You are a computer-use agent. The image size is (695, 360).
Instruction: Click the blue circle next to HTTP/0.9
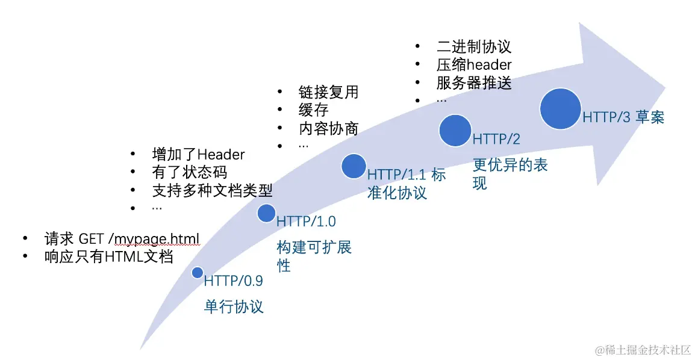[197, 273]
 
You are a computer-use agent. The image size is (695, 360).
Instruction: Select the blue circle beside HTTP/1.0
[266, 213]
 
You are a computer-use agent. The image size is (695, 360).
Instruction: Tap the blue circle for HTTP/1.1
[354, 166]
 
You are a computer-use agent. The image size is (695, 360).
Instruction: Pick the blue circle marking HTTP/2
[455, 131]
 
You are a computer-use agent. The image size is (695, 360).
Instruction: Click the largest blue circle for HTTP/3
[560, 108]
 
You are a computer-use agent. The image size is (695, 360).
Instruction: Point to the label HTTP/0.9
[234, 281]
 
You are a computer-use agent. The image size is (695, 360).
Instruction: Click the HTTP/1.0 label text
[305, 222]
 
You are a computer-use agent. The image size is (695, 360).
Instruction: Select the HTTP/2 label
[496, 140]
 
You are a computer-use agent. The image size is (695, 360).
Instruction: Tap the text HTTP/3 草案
[623, 117]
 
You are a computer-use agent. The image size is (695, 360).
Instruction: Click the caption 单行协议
[234, 306]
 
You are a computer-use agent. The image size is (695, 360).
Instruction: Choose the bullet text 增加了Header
[198, 154]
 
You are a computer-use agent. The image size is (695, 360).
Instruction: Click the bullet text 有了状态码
[190, 172]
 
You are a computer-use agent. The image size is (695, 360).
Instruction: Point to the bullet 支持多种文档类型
[212, 191]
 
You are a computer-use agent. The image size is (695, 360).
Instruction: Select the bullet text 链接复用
[328, 92]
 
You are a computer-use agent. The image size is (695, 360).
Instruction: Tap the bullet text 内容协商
[328, 128]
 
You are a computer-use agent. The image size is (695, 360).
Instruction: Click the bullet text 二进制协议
[473, 46]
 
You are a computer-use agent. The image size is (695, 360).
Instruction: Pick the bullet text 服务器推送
[473, 82]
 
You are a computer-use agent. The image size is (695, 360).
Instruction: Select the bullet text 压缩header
[473, 64]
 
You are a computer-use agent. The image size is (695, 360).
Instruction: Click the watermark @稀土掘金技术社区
[643, 350]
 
